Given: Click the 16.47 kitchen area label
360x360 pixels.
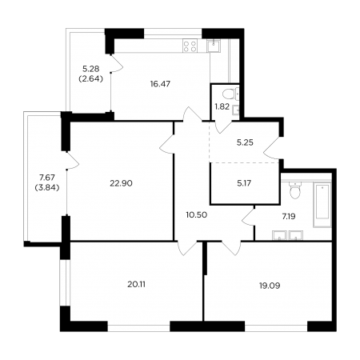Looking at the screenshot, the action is [x=160, y=84].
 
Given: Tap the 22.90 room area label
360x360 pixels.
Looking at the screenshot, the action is [x=121, y=183].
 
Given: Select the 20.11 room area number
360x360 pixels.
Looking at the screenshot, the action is [x=136, y=285].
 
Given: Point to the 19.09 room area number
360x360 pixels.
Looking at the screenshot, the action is [x=270, y=286].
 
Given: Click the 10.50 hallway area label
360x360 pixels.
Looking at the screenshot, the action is [x=197, y=215].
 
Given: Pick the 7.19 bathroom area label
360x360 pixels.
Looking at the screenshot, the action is [x=289, y=217].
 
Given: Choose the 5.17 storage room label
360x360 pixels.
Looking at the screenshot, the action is [x=244, y=183].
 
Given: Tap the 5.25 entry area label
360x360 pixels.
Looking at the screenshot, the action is [x=245, y=142].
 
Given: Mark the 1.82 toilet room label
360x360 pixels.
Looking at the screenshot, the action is [x=222, y=107].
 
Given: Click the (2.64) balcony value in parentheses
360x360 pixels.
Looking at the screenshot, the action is [x=91, y=79].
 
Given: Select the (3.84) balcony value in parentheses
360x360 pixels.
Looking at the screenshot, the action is [x=47, y=188].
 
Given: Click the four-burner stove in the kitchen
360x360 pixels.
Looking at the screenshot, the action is [x=190, y=46].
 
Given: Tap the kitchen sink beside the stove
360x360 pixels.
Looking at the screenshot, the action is [x=214, y=46].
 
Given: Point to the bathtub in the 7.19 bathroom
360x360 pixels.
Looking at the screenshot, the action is [x=322, y=205].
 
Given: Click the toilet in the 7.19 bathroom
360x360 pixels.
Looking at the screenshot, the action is [x=294, y=190].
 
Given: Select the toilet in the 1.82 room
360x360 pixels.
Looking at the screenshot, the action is [x=229, y=94].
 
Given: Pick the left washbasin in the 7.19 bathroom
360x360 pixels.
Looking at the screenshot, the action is [x=279, y=236].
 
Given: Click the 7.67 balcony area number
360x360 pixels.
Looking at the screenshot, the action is [x=47, y=177].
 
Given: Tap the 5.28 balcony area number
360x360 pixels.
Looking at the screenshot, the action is [x=91, y=69].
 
